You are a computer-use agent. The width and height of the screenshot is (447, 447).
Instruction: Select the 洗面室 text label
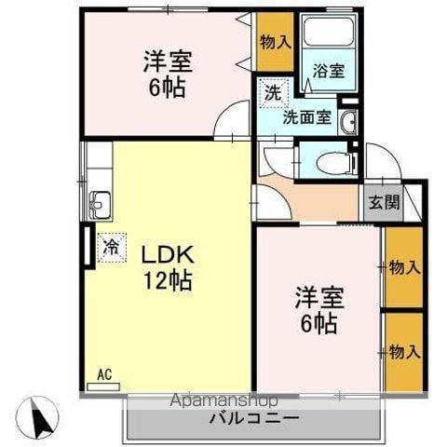[x=306, y=118]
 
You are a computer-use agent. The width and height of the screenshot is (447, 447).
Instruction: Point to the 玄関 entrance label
[x=380, y=202]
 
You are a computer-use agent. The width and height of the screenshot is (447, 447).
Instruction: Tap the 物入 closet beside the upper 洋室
[x=276, y=41]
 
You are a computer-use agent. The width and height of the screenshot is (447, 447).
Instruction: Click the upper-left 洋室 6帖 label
[x=168, y=74]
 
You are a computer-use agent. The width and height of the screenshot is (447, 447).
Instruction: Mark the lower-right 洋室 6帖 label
[x=319, y=312]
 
